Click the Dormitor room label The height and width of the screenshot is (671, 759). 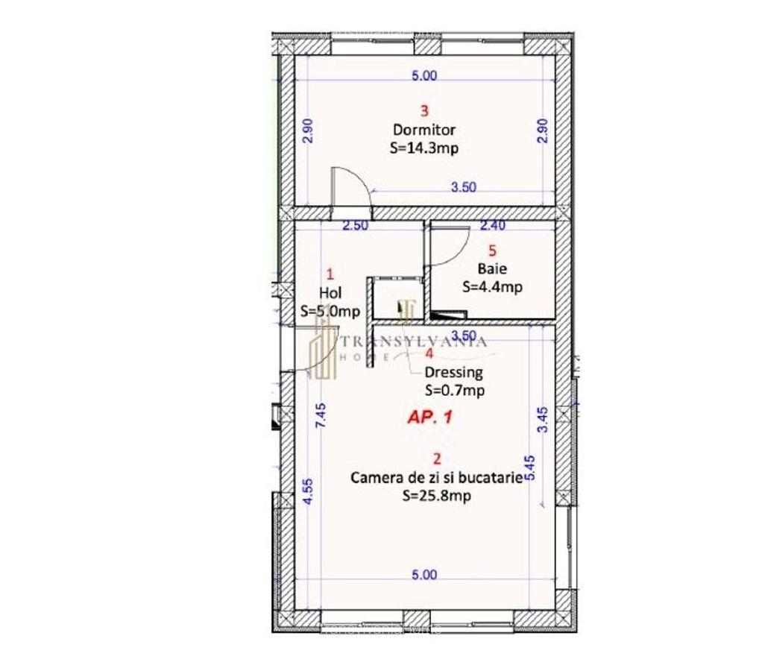click(424, 130)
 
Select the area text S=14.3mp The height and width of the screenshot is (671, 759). click(424, 148)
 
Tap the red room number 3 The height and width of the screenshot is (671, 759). click(424, 112)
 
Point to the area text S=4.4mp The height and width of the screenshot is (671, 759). click(491, 286)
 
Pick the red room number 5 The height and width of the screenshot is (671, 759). click(491, 251)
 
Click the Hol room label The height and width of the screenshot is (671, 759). click(330, 293)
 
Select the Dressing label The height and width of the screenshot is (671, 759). click(453, 372)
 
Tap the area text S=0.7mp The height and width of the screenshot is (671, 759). click(455, 389)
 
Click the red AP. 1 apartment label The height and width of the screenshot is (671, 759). click(429, 418)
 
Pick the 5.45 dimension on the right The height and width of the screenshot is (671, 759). click(530, 467)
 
